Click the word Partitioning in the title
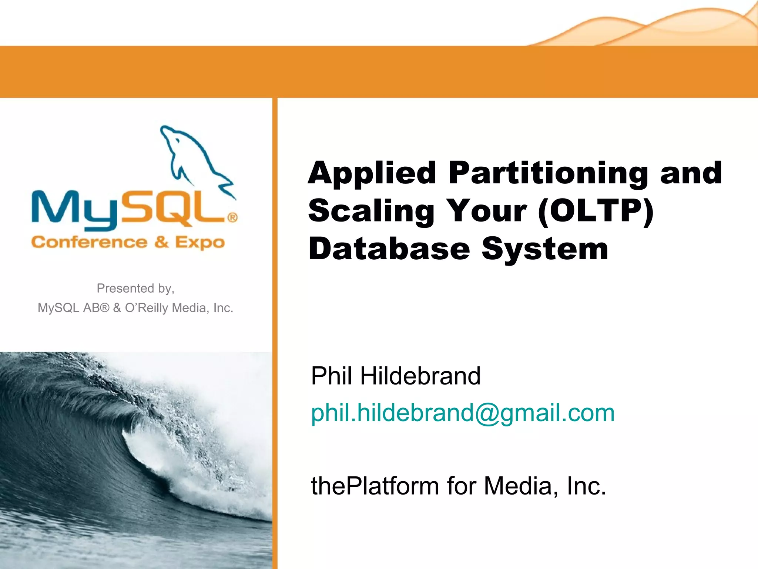pyautogui.click(x=548, y=173)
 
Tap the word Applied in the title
pyautogui.click(x=372, y=173)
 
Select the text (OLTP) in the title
pyautogui.click(x=596, y=211)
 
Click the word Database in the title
pyautogui.click(x=389, y=249)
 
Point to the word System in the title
pyautogui.click(x=545, y=249)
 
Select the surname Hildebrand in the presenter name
pyautogui.click(x=420, y=376)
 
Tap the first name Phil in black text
pyautogui.click(x=331, y=376)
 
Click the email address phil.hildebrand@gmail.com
pyautogui.click(x=463, y=413)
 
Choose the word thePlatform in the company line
pyautogui.click(x=375, y=486)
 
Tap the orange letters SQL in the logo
pyautogui.click(x=174, y=207)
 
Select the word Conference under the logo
pyautogui.click(x=89, y=242)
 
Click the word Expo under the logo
pyautogui.click(x=200, y=243)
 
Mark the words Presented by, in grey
pyautogui.click(x=135, y=288)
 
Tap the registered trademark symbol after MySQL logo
pyautogui.click(x=232, y=217)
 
